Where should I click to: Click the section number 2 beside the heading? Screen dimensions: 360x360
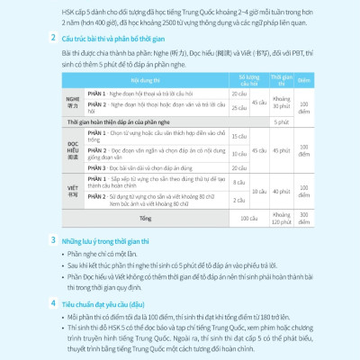[56, 40]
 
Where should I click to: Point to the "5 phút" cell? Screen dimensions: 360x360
[281, 121]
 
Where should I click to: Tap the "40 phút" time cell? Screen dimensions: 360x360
[281, 191]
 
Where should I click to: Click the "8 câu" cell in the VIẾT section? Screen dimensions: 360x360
[238, 183]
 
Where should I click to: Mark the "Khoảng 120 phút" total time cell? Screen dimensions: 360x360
[281, 218]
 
